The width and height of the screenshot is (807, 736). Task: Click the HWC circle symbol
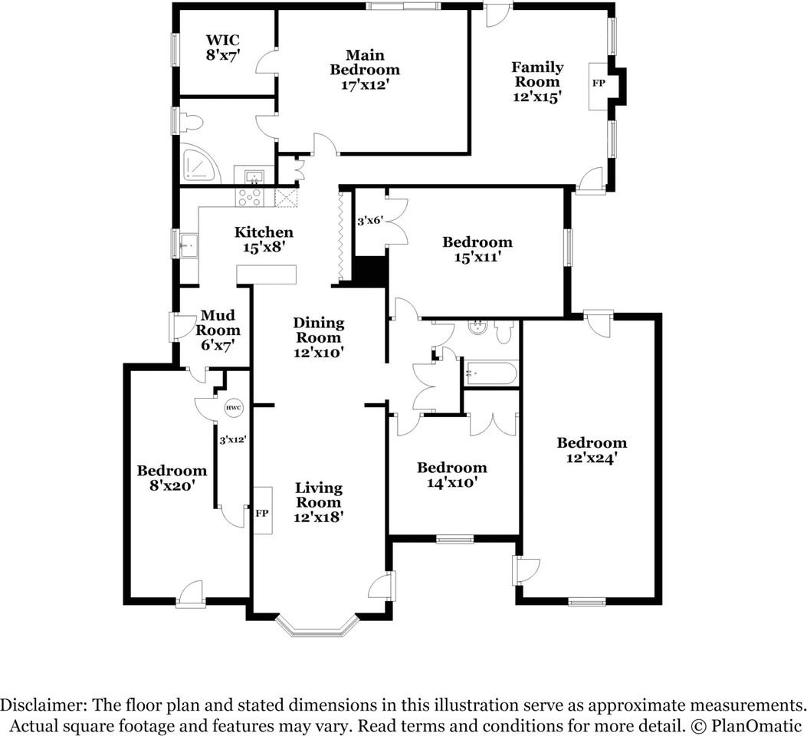[233, 409]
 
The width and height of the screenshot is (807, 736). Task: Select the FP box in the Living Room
[262, 512]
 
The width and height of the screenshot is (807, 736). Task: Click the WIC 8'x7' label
[223, 48]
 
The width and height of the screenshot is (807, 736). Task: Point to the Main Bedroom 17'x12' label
[365, 70]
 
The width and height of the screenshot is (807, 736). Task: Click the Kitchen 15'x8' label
[264, 240]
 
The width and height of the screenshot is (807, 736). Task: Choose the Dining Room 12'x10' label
[319, 338]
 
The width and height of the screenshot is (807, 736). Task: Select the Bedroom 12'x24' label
[591, 451]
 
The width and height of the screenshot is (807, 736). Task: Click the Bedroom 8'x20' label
[172, 478]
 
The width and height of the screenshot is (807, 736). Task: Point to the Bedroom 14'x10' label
[451, 475]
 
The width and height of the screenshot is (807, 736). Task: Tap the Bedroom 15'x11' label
[477, 250]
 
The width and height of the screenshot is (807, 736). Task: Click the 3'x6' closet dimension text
[370, 221]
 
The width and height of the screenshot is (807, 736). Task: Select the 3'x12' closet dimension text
[232, 440]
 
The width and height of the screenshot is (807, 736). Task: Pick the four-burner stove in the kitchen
[251, 197]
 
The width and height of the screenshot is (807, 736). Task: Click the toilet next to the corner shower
[190, 122]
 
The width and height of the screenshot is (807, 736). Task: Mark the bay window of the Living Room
[317, 626]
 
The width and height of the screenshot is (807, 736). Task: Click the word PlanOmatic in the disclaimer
[758, 725]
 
